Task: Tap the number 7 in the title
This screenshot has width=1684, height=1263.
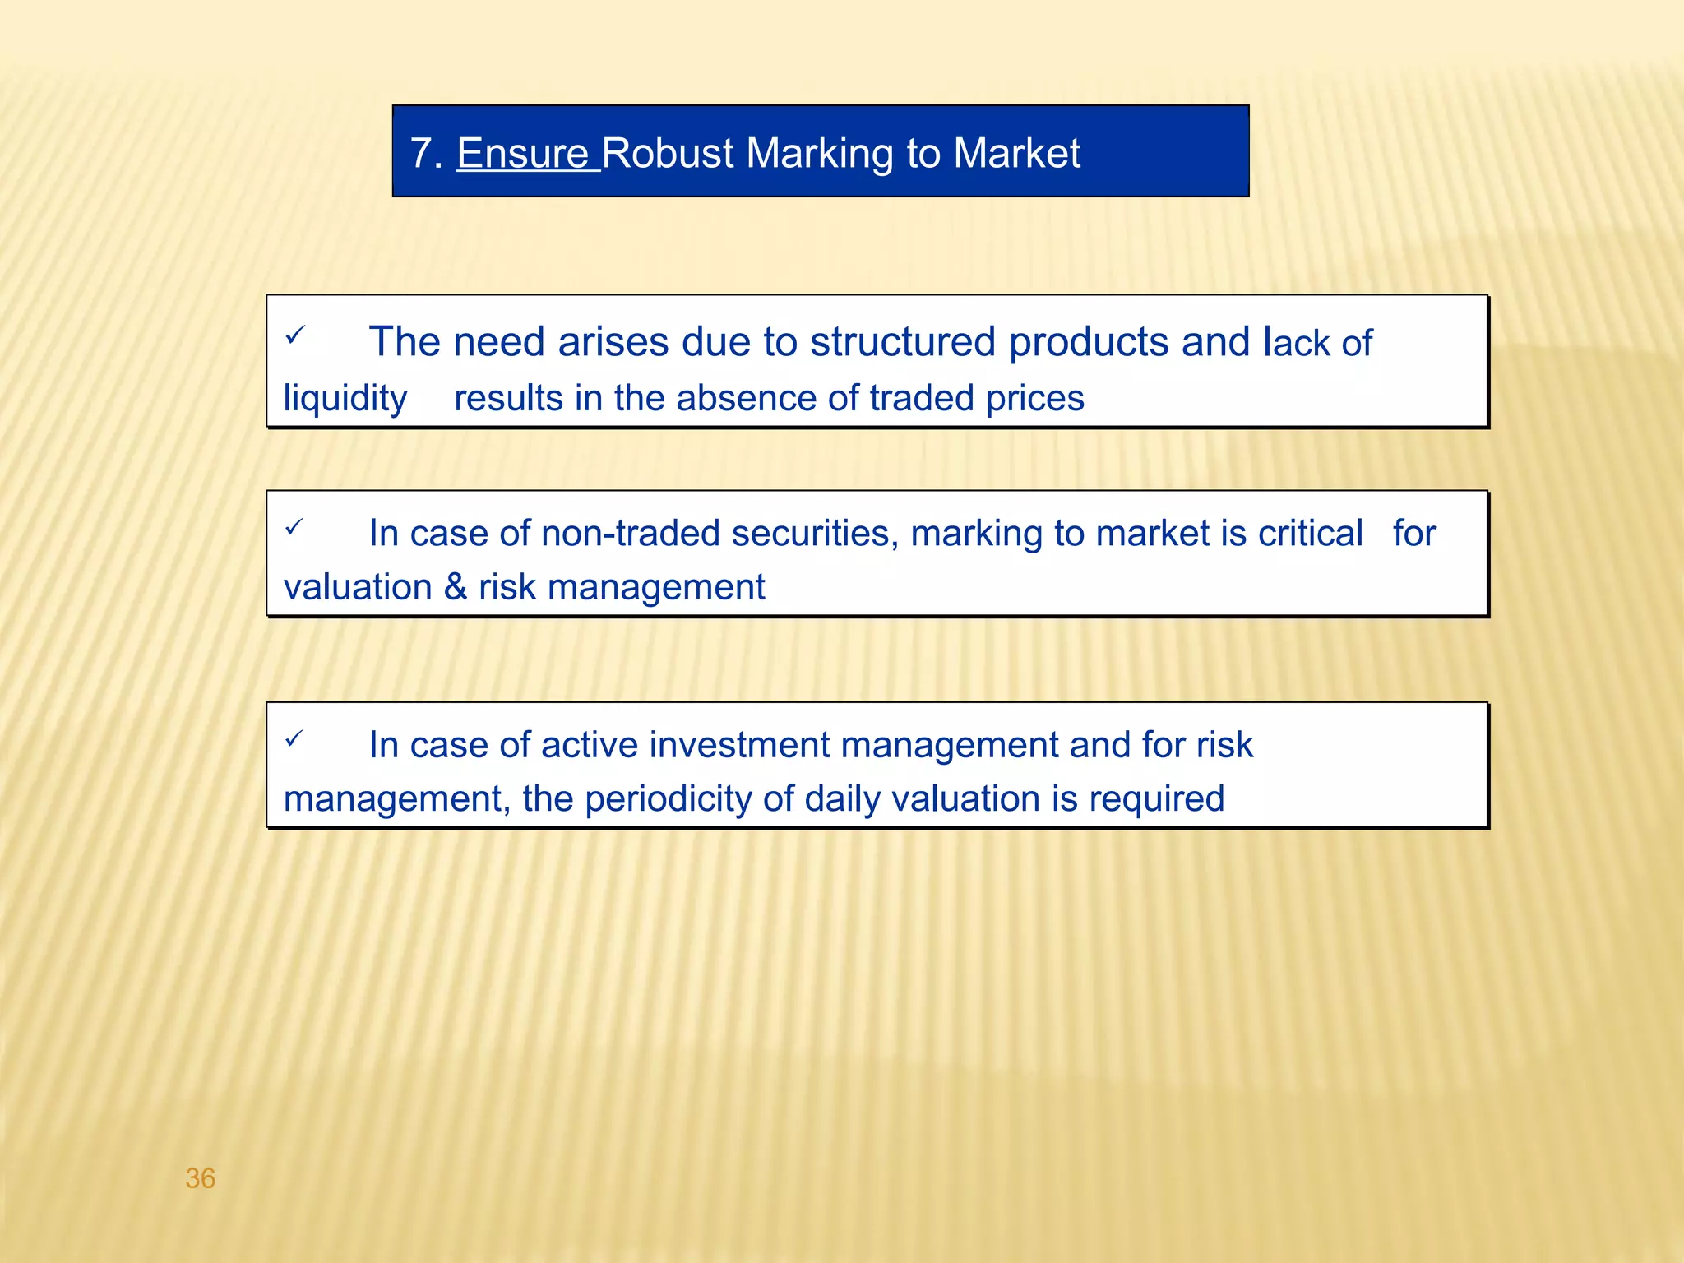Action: tap(421, 154)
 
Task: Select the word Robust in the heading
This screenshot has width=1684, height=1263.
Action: tap(668, 154)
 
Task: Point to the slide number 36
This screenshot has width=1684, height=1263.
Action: tap(201, 1178)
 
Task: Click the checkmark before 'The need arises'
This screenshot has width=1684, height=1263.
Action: tap(295, 335)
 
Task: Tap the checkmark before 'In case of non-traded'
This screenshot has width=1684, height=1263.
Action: tap(294, 526)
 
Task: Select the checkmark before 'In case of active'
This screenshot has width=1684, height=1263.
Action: tap(294, 738)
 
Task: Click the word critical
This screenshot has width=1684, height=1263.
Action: tap(1311, 534)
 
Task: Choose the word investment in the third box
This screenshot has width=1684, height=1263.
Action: tap(739, 746)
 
